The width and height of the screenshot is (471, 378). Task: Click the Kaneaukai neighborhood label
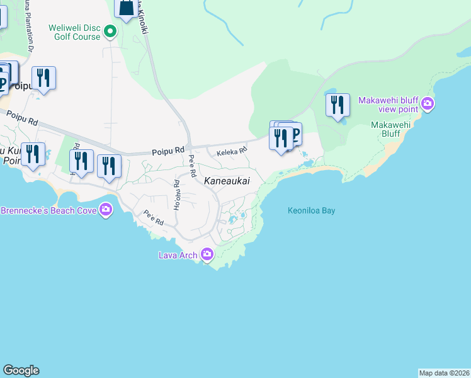click(x=227, y=181)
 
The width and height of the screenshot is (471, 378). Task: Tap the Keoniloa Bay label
click(x=311, y=210)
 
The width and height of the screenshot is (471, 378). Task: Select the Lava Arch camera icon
click(x=207, y=255)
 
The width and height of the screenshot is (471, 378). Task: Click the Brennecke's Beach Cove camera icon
click(x=106, y=209)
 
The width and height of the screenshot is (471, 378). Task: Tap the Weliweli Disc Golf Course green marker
click(x=110, y=30)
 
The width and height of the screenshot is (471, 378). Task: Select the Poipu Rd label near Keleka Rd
click(x=167, y=152)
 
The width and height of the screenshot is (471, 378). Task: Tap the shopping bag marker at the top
click(x=126, y=8)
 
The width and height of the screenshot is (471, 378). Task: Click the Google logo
click(x=21, y=370)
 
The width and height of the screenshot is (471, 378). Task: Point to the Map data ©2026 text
click(x=444, y=373)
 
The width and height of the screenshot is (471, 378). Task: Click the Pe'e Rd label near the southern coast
click(x=154, y=218)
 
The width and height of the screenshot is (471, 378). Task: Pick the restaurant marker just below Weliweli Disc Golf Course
click(x=43, y=77)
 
